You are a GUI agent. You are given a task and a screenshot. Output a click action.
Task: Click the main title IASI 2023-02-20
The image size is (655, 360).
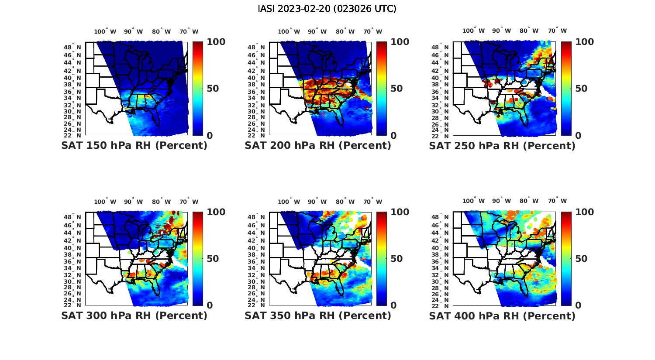(x=327, y=9)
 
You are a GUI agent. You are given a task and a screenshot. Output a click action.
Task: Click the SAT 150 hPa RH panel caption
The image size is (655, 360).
(x=134, y=146)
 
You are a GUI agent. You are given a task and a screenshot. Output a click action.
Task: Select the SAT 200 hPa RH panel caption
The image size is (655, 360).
(x=318, y=146)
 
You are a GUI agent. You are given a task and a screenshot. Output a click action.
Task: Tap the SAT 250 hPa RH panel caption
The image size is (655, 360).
(x=502, y=146)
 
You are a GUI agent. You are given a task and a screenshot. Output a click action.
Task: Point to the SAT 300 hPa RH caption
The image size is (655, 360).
(x=134, y=315)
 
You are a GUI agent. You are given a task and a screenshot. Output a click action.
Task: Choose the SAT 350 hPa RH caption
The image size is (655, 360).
(x=318, y=315)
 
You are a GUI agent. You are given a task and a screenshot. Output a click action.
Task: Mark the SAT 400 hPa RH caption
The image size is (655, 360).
(x=502, y=315)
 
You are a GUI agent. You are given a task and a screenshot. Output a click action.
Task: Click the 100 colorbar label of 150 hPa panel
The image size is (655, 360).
(x=216, y=42)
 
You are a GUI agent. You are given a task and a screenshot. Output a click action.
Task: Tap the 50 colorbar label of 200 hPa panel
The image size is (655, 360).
(x=396, y=89)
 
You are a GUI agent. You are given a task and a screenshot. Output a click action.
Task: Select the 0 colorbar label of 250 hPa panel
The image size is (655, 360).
(x=578, y=135)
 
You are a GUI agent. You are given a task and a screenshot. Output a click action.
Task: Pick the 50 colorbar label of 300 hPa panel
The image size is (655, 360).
(x=212, y=259)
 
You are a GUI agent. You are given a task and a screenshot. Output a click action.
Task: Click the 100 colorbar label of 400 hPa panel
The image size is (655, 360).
(x=584, y=212)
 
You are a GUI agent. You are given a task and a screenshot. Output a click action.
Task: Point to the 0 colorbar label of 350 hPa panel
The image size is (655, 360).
(x=393, y=305)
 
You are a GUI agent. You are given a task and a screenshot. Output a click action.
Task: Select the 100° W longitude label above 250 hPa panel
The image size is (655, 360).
(x=473, y=31)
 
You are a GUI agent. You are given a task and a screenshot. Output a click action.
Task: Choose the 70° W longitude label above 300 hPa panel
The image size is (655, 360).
(x=189, y=202)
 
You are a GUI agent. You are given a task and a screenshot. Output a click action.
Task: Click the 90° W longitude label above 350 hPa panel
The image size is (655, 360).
(x=317, y=202)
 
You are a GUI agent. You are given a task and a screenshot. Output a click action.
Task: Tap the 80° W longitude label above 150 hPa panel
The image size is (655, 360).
(x=161, y=31)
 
